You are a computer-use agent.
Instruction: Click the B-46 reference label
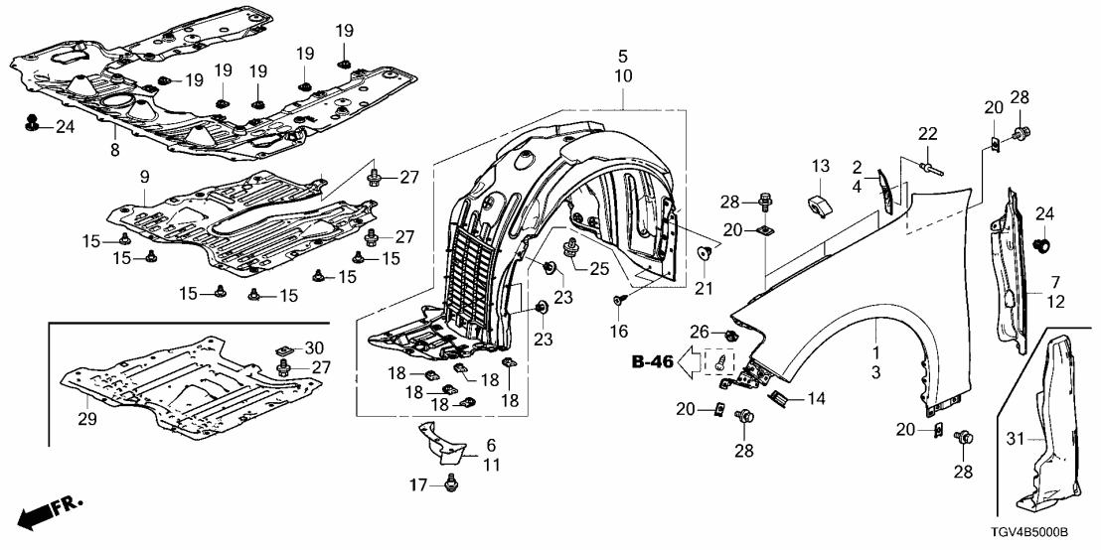click(x=653, y=363)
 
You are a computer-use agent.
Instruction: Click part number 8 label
click(x=115, y=151)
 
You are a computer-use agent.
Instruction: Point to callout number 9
click(x=144, y=176)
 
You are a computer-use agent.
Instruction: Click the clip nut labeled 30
click(x=285, y=348)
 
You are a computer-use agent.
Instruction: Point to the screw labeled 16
click(x=617, y=301)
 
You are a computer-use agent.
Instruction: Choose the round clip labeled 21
click(x=705, y=253)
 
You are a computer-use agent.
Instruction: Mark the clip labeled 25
click(x=573, y=248)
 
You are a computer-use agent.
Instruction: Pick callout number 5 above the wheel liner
click(x=622, y=55)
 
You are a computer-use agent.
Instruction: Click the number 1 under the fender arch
click(x=875, y=351)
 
